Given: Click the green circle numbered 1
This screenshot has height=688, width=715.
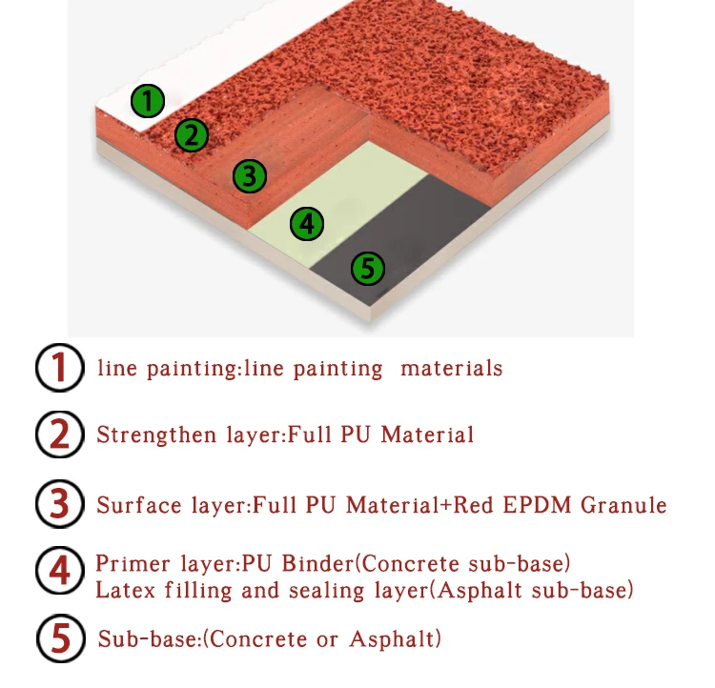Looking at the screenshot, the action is pos(148,100).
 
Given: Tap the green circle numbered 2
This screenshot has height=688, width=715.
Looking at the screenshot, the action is pos(191,135).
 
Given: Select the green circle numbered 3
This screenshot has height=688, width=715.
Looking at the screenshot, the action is pos(248,175).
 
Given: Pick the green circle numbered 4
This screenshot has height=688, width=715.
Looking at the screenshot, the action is pos(306,224).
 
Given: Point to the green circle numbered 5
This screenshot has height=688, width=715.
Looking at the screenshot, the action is pos(367,268).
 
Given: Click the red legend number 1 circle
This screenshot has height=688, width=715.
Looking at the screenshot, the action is pos(59,368).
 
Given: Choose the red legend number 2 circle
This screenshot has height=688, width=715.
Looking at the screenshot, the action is pos(59,435).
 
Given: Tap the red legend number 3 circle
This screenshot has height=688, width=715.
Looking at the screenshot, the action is pos(59,504).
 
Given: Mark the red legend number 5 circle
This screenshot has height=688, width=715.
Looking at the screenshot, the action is pos(59,637).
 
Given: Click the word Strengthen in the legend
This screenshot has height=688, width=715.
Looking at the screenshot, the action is pos(141,435).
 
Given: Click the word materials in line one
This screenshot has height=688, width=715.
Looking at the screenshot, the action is pos(451,368).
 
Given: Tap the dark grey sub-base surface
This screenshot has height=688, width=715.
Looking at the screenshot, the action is pos(419,238).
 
